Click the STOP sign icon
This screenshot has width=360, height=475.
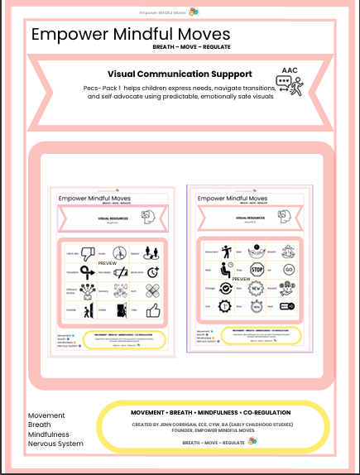(x=257, y=270)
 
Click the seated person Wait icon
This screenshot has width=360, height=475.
(x=225, y=270)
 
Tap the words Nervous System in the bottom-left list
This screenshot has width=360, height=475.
(x=55, y=444)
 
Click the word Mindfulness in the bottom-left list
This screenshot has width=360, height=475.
(x=48, y=434)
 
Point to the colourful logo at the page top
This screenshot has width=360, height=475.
(x=193, y=11)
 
